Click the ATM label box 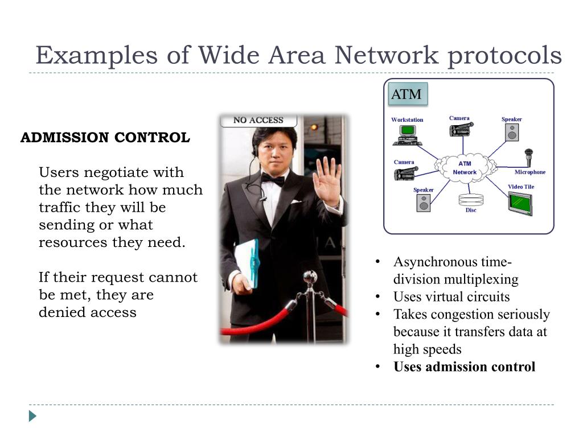407,94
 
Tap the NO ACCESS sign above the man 258,120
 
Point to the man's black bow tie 273,180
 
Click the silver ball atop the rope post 310,277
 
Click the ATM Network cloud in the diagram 465,168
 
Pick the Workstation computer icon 407,134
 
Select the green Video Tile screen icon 520,203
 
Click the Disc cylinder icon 471,200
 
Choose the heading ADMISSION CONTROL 105,138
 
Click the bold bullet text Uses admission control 464,366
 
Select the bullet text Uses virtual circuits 451,297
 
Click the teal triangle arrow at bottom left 32,416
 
